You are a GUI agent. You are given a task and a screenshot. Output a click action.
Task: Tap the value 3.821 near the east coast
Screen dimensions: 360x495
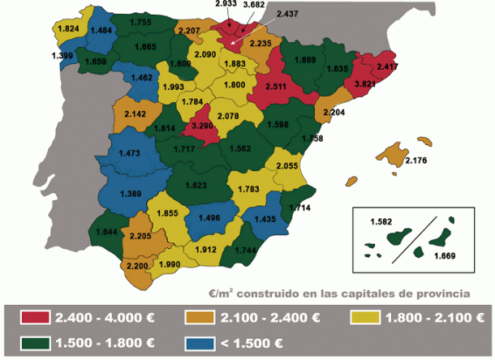pyautogui.click(x=360, y=84)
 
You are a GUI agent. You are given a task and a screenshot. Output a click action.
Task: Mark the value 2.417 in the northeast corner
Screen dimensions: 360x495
pyautogui.click(x=386, y=66)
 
